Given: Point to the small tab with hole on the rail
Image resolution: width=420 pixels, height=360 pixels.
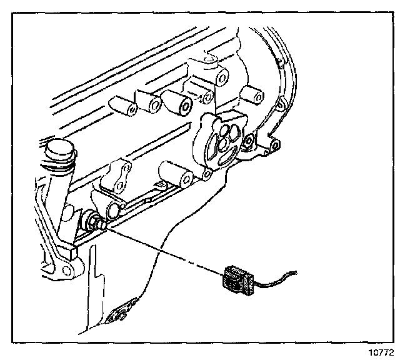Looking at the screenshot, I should tap(272, 149).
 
